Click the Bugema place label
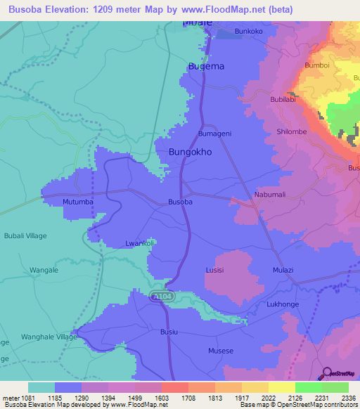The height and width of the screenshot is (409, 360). coord(207,66)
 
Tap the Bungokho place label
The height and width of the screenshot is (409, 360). coord(191,152)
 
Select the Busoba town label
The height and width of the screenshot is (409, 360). coord(180,202)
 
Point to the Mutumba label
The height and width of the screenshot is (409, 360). coord(78,202)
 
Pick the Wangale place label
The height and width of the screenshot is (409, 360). coord(44,270)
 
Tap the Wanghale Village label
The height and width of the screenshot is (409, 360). coord(48,337)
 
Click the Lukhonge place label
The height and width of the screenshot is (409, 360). coord(283,304)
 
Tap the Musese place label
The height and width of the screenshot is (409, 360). coord(220,351)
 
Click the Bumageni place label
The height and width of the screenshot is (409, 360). coord(215,134)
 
